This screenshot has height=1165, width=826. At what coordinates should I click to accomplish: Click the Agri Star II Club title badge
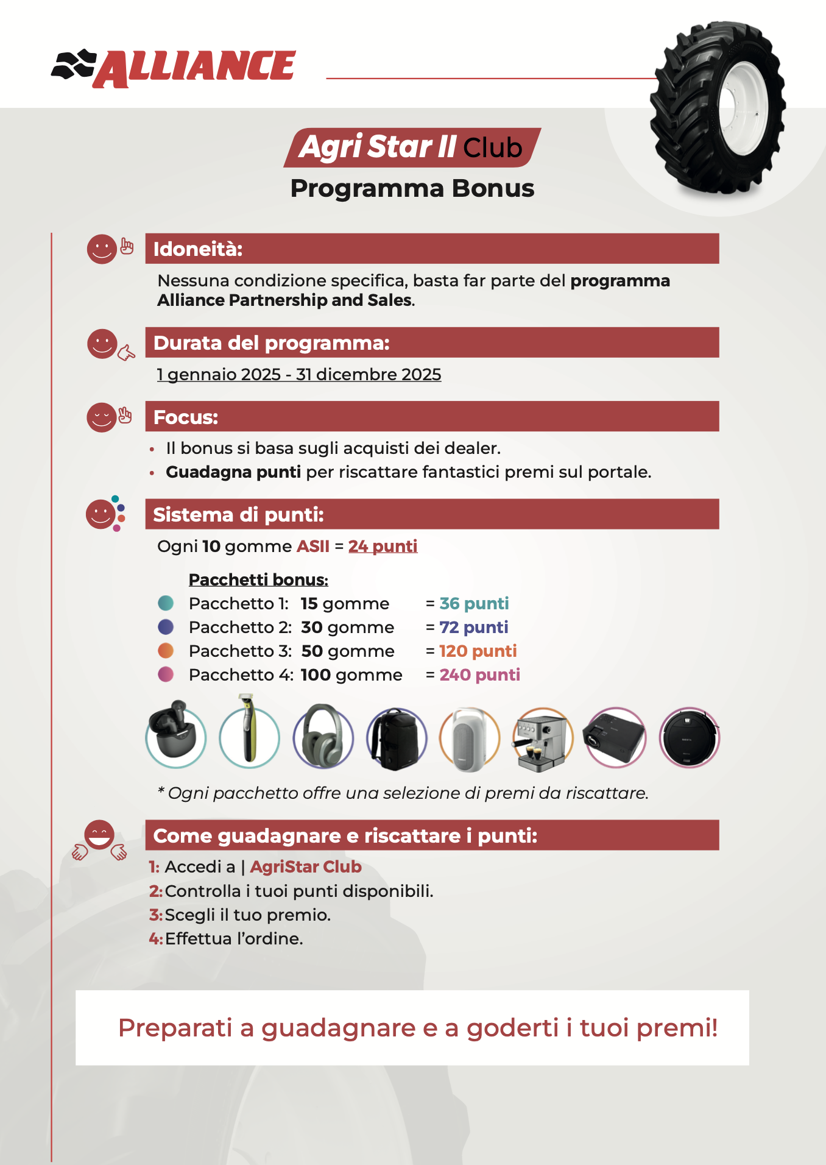tap(412, 147)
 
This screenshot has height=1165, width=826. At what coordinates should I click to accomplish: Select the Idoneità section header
tap(431, 249)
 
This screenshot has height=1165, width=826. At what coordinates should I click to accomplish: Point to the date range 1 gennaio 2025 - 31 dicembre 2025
tap(298, 375)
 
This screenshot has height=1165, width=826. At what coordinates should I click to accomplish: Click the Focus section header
tap(431, 417)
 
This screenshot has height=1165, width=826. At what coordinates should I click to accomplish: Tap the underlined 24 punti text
tap(383, 546)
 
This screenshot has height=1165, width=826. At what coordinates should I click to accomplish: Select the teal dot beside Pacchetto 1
tap(166, 603)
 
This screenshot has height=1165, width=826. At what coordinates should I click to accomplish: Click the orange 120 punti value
tap(478, 651)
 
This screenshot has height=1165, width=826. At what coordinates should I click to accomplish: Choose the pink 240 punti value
tap(479, 675)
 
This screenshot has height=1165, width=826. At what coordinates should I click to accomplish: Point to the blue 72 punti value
tap(473, 627)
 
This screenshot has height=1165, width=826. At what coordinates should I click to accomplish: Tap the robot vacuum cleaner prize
tap(689, 738)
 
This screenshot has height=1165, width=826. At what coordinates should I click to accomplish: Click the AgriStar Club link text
tap(306, 867)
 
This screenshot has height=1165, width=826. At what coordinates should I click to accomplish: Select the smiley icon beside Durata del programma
tap(102, 344)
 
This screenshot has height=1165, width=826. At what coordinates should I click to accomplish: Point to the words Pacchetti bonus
tap(258, 579)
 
